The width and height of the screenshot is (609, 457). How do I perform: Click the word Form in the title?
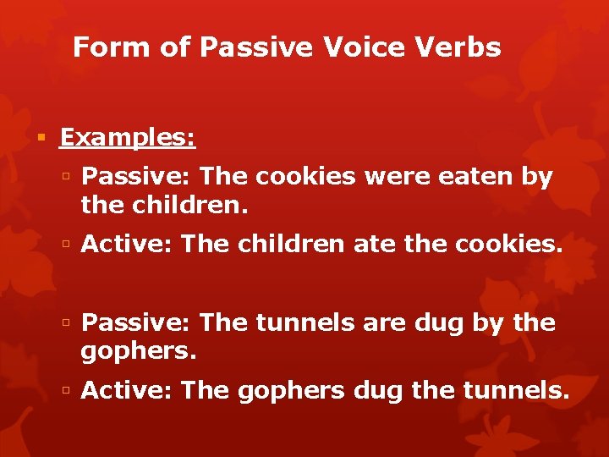(x=101, y=47)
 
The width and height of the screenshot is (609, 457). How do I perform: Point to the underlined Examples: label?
(x=128, y=137)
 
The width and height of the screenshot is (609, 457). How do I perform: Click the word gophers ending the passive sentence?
(x=138, y=350)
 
